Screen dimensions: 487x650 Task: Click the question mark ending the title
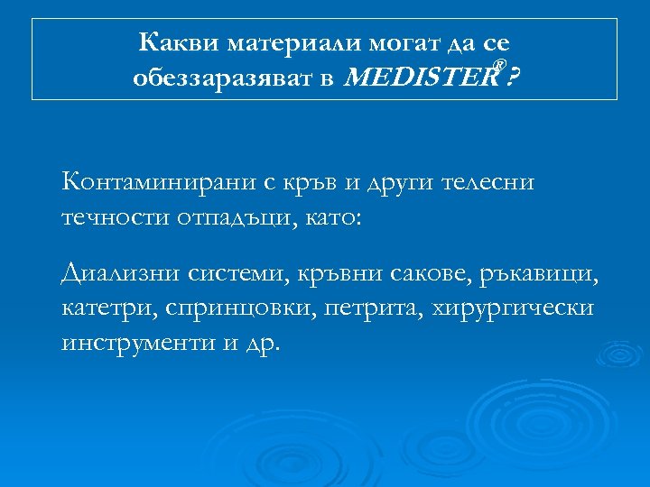pos(513,78)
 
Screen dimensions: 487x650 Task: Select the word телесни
pos(489,183)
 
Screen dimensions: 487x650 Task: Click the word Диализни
pos(122,271)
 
